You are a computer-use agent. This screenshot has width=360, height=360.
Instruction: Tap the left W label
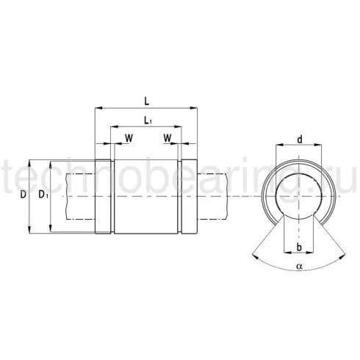tap(129, 137)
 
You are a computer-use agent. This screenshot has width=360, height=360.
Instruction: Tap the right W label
tap(167, 137)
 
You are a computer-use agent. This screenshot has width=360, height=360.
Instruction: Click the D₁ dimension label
tap(43, 195)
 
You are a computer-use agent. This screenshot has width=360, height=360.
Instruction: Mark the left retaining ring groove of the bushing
tap(111, 196)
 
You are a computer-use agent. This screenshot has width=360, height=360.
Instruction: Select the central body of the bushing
tap(146, 196)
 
